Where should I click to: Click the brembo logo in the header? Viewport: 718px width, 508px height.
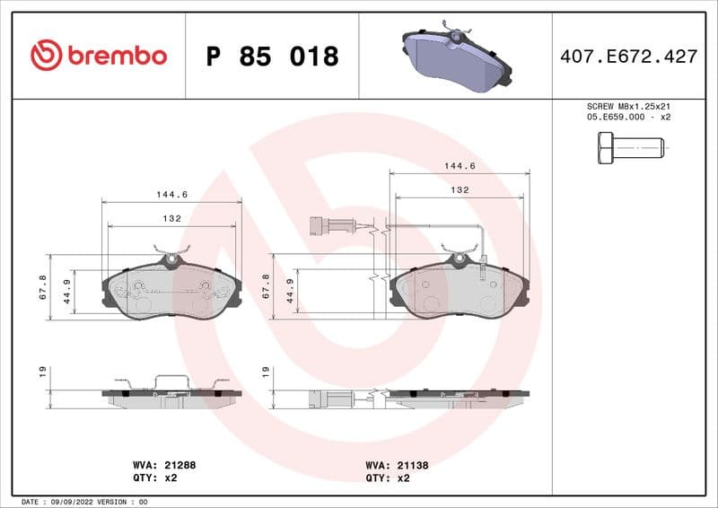99,56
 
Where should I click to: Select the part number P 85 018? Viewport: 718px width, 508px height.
272,57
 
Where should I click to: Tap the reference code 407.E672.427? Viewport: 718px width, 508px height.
628,57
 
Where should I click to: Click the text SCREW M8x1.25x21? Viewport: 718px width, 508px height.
628,106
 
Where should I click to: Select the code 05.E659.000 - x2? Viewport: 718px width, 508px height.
628,117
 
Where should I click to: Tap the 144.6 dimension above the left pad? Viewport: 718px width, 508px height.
171,194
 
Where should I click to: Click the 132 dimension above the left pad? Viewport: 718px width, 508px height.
171,218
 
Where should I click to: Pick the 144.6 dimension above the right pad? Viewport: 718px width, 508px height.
460,166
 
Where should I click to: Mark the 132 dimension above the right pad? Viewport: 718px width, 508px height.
460,190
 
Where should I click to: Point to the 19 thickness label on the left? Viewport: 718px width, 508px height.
43,371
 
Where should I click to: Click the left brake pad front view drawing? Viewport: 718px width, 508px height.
171,290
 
